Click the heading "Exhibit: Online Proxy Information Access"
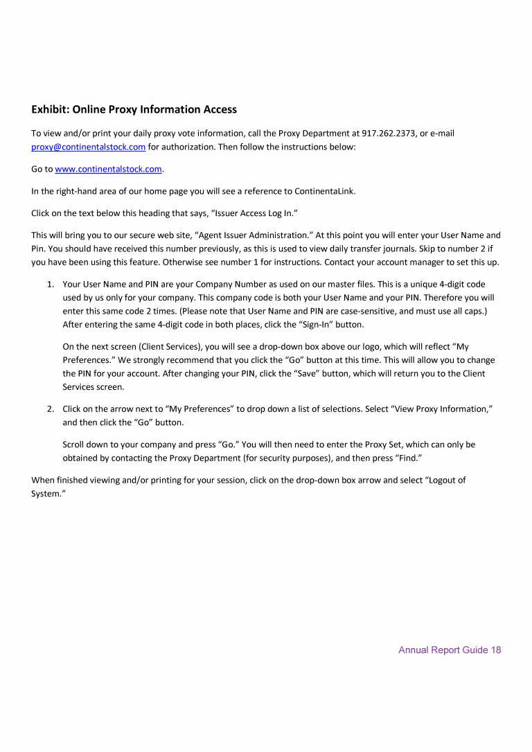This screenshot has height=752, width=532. click(x=134, y=109)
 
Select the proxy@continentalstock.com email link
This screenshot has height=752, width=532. click(x=89, y=146)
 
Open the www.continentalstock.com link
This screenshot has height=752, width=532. click(x=108, y=169)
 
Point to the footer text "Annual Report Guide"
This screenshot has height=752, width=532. click(x=443, y=650)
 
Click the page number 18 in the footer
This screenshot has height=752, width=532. click(x=495, y=650)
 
